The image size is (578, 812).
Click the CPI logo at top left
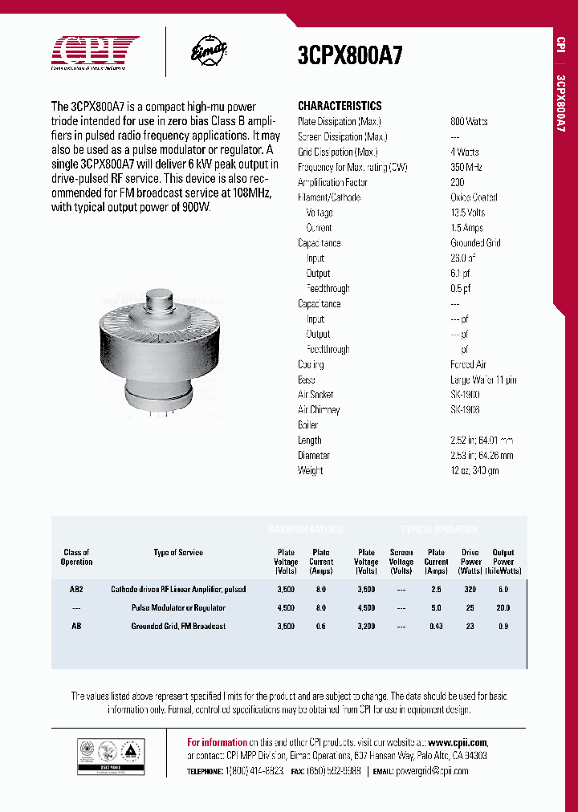pyautogui.click(x=95, y=53)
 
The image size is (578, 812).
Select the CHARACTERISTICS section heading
pyautogui.click(x=340, y=106)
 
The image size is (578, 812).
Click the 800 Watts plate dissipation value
pyautogui.click(x=469, y=121)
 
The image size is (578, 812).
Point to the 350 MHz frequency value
pyautogui.click(x=466, y=167)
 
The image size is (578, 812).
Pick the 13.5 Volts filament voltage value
pyautogui.click(x=468, y=213)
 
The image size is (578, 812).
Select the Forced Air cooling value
pyautogui.click(x=468, y=364)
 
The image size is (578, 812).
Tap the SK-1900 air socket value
pyautogui.click(x=465, y=395)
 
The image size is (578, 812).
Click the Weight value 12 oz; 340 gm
pyautogui.click(x=474, y=470)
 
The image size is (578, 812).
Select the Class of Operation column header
pyautogui.click(x=76, y=557)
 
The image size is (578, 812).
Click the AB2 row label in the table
pyautogui.click(x=76, y=589)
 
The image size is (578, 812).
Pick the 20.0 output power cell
pyautogui.click(x=503, y=607)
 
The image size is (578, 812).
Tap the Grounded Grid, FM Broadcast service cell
pyautogui.click(x=178, y=626)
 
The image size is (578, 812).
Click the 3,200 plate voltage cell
pyautogui.click(x=366, y=626)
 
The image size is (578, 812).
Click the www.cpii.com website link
pyautogui.click(x=458, y=742)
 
